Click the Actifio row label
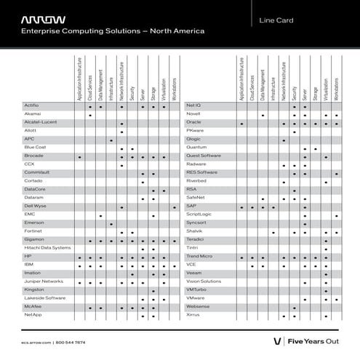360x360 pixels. pyautogui.click(x=31, y=106)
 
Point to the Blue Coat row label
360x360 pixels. pyautogui.click(x=35, y=147)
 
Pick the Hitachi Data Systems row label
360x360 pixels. pyautogui.click(x=47, y=248)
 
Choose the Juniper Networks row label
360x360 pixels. pyautogui.click(x=44, y=281)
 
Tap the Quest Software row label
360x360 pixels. pyautogui.click(x=204, y=156)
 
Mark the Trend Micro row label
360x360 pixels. pyautogui.click(x=199, y=257)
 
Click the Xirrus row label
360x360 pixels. pyautogui.click(x=193, y=315)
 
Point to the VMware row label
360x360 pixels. pyautogui.click(x=196, y=298)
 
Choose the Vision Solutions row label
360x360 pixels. pyautogui.click(x=204, y=281)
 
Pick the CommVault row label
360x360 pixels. pyautogui.click(x=36, y=172)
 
